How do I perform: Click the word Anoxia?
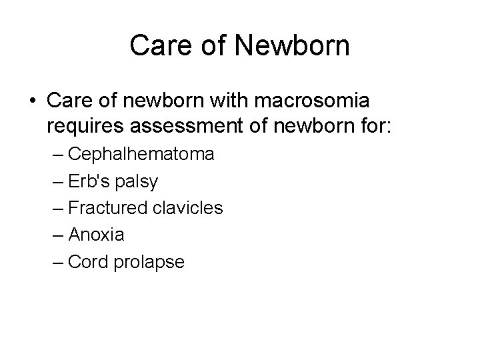(x=96, y=235)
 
